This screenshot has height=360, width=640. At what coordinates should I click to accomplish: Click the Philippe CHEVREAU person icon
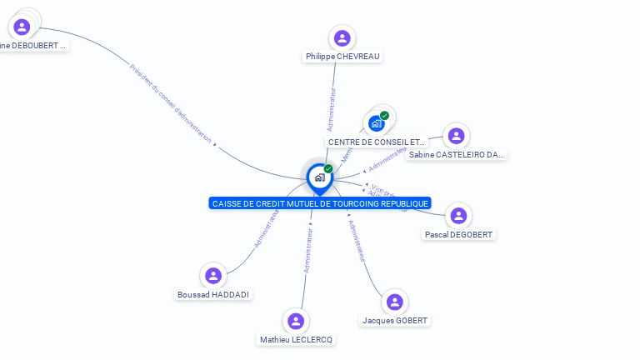click(x=342, y=37)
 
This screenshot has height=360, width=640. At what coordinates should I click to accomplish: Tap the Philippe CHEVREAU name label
click(x=342, y=56)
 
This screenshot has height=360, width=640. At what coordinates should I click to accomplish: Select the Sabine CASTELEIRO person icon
click(x=456, y=135)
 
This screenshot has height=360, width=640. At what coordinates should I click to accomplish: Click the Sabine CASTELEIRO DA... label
click(x=457, y=154)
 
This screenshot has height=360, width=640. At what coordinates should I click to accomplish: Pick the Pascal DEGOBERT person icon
click(x=458, y=216)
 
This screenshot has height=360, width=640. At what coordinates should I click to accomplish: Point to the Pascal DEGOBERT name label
click(x=458, y=235)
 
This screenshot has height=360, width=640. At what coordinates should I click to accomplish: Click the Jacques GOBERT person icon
click(x=395, y=302)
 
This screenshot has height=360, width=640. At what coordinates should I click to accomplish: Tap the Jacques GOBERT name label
click(x=395, y=321)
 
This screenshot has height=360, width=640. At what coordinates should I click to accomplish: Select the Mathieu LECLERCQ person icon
click(x=296, y=321)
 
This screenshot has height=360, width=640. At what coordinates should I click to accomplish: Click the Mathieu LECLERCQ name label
click(x=296, y=340)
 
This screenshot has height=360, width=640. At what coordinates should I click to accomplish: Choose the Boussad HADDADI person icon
click(x=213, y=276)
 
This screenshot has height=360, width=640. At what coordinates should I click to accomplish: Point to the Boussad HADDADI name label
click(x=213, y=295)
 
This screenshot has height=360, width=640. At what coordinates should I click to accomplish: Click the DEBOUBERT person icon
click(x=22, y=27)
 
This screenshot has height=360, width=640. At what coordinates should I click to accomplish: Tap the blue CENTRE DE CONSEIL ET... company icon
click(x=377, y=123)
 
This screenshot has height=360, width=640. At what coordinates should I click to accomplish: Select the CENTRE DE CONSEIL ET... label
click(x=377, y=142)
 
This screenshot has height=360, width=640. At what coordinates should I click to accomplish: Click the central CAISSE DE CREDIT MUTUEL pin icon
click(x=319, y=177)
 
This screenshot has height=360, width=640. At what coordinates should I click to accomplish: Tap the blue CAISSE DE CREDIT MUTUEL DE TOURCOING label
click(x=320, y=203)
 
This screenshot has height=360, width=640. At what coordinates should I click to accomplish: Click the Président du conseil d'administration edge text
click(x=171, y=103)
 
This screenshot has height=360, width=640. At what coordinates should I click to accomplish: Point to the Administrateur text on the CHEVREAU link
click(x=332, y=109)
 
